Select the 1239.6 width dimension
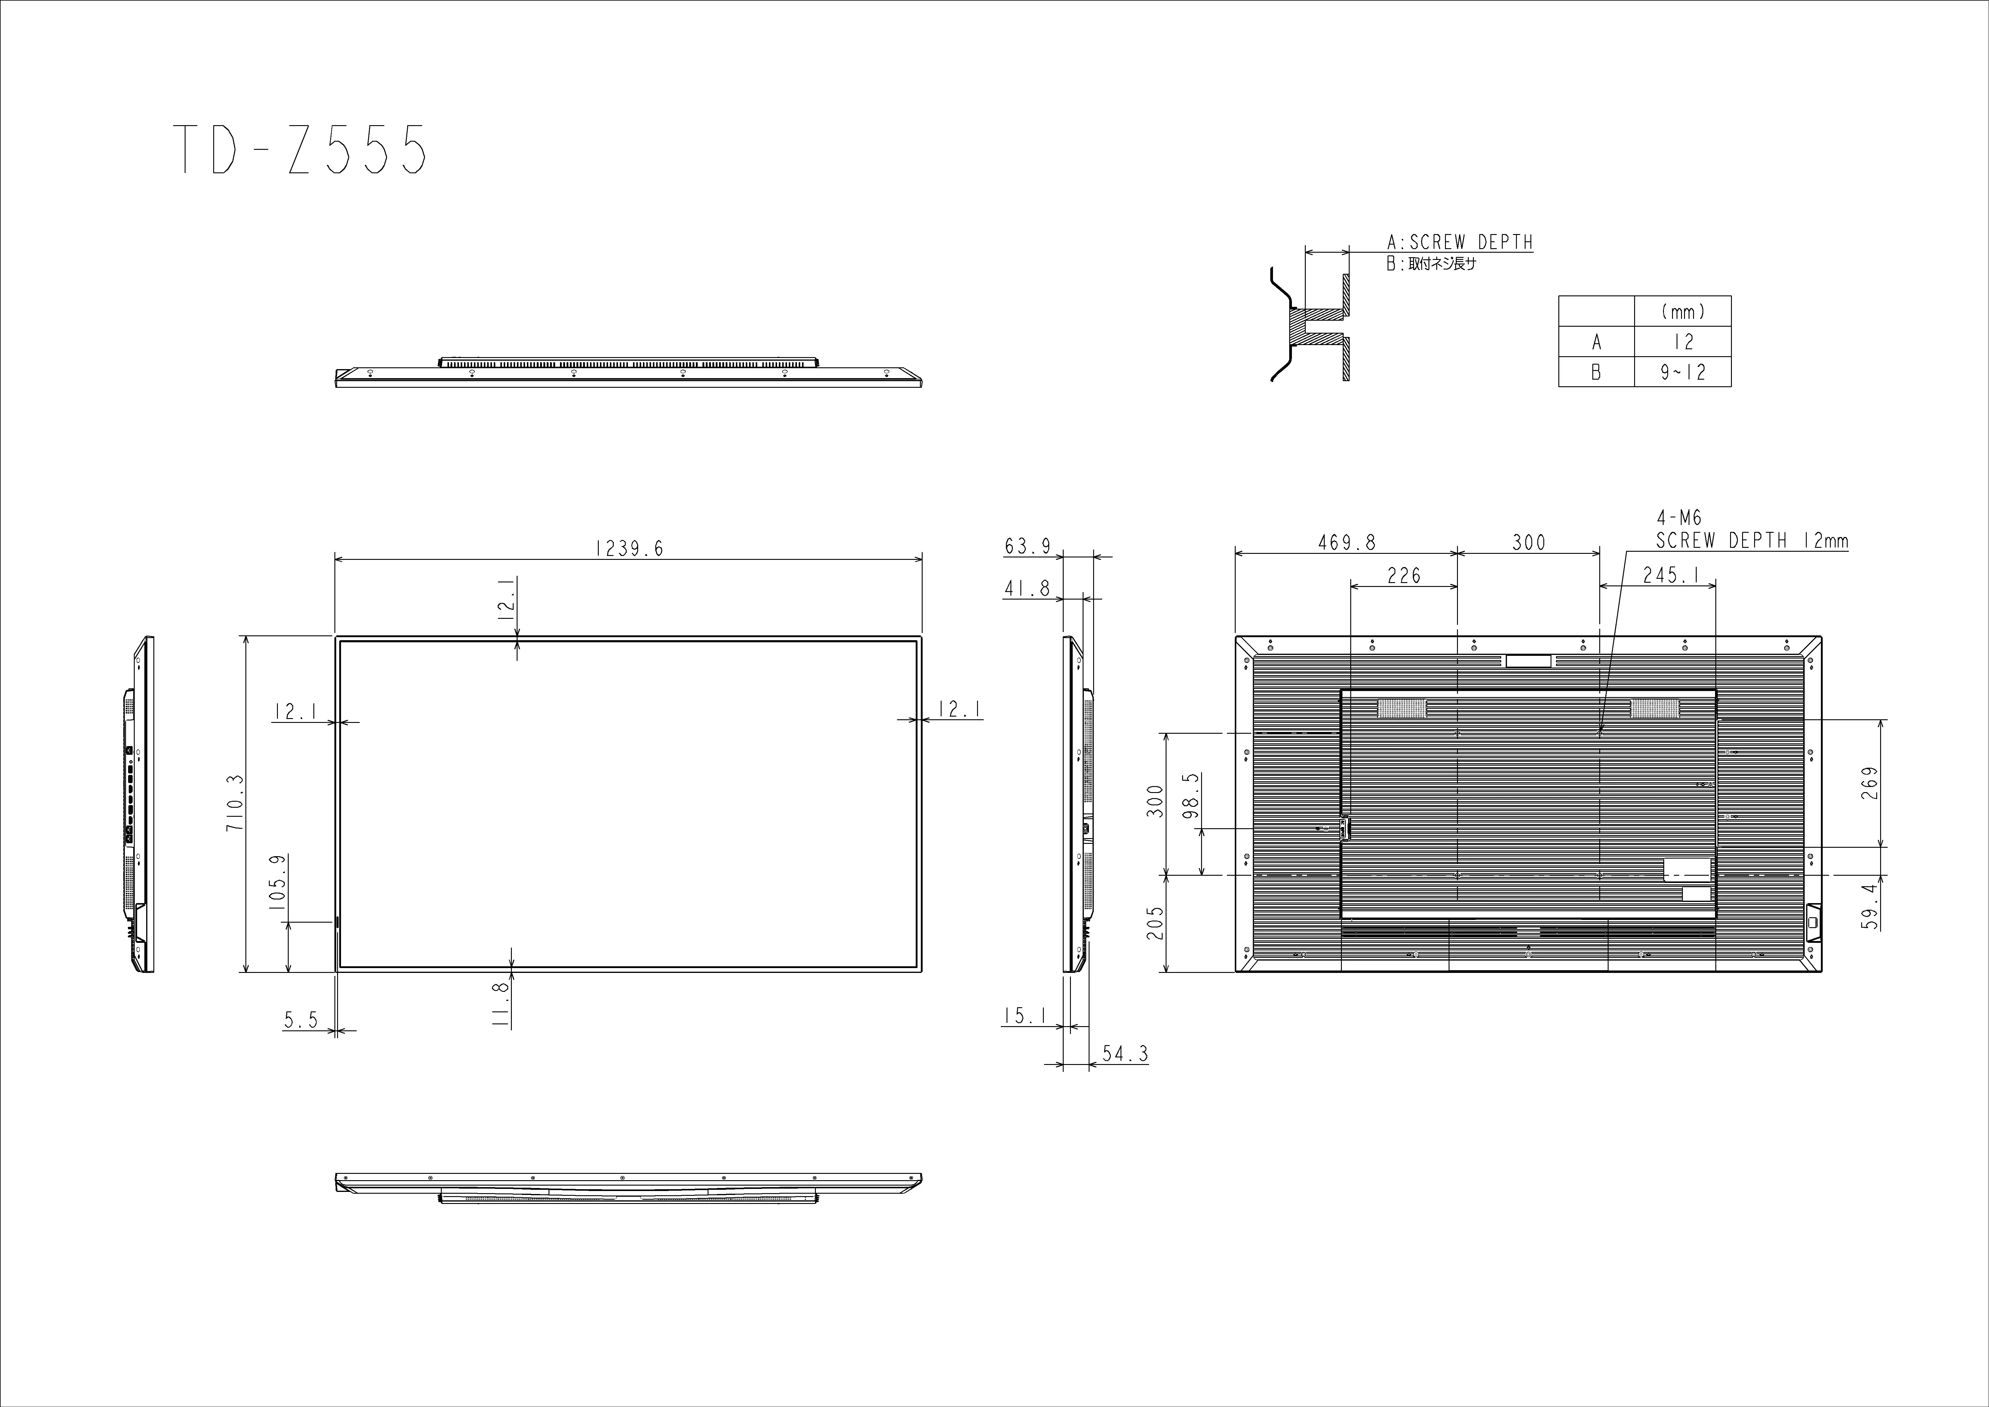(629, 548)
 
